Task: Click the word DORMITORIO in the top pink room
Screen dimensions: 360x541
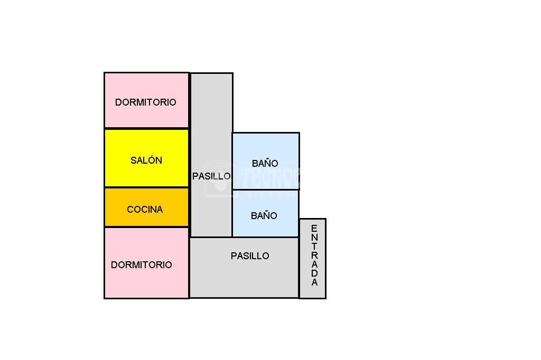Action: (146, 102)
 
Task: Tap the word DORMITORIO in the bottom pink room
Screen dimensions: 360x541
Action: (142, 265)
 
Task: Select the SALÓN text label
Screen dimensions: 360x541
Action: (146, 160)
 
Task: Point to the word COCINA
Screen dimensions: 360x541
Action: (145, 210)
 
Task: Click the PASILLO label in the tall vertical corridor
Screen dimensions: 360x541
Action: (211, 176)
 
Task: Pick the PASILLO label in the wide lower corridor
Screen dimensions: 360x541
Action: (250, 256)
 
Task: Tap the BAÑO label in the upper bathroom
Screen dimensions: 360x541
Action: (265, 164)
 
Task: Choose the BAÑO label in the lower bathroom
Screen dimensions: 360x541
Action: (264, 216)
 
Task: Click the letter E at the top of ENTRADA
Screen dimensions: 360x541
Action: (314, 229)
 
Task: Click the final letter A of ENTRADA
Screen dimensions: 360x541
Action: (314, 282)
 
